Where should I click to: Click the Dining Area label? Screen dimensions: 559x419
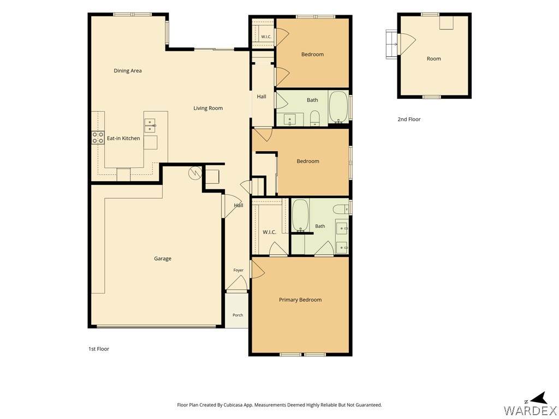tap(128, 70)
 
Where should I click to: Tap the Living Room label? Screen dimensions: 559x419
tap(208, 108)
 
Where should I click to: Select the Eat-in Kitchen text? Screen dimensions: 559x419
tap(123, 138)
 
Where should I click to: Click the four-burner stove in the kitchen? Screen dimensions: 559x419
tap(98, 137)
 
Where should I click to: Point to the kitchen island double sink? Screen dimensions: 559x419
tap(150, 125)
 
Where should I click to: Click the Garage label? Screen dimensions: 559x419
tap(163, 259)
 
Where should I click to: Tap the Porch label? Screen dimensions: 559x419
tap(238, 315)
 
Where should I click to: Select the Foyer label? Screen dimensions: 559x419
tap(239, 270)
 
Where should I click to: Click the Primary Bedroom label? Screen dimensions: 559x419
tap(300, 300)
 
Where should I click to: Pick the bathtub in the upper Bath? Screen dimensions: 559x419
tap(338, 107)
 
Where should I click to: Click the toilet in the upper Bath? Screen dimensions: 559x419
tap(315, 118)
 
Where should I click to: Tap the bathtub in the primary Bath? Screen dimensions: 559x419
tap(300, 216)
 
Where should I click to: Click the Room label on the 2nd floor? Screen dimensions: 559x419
tap(434, 58)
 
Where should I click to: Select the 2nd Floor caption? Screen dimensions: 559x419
tap(409, 119)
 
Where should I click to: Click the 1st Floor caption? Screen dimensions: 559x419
tap(99, 349)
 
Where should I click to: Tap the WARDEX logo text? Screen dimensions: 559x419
tap(530, 410)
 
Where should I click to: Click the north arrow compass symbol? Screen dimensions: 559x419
tap(540, 398)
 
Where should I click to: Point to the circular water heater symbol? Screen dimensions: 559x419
tap(195, 173)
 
